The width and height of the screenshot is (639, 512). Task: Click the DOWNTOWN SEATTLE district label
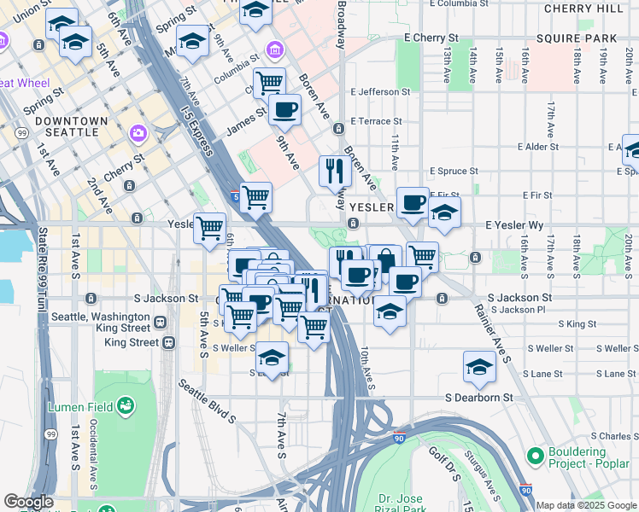pyautogui.click(x=72, y=126)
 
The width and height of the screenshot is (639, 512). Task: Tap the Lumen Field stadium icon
pyautogui.click(x=126, y=404)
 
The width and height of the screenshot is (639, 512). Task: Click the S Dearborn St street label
pyautogui.click(x=479, y=398)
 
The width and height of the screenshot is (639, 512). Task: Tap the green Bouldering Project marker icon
pyautogui.click(x=536, y=457)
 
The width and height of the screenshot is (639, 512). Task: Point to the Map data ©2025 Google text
pyautogui.click(x=586, y=505)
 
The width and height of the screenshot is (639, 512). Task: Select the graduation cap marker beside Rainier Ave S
pyautogui.click(x=479, y=366)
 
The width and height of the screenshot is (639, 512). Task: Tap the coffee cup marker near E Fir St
pyautogui.click(x=413, y=202)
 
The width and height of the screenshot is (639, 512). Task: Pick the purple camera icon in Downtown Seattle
pyautogui.click(x=138, y=134)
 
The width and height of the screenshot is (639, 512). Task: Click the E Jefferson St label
pyautogui.click(x=380, y=91)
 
